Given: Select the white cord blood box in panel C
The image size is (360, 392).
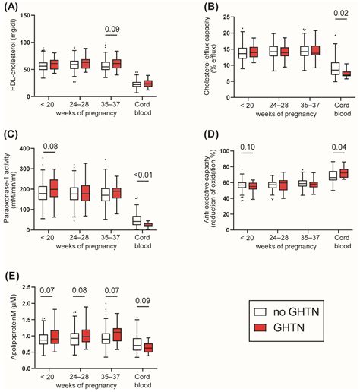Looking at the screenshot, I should [x=137, y=220].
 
